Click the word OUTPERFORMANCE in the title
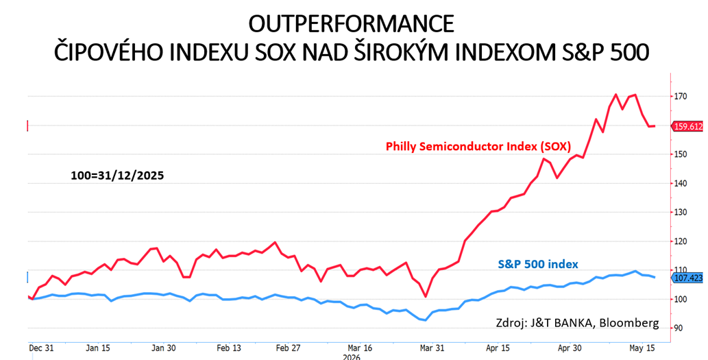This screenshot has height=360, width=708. pyautogui.click(x=351, y=24)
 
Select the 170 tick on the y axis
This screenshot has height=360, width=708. pyautogui.click(x=681, y=96)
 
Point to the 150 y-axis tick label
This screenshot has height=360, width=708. pyautogui.click(x=681, y=154)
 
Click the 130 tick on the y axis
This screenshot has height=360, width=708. pyautogui.click(x=681, y=213)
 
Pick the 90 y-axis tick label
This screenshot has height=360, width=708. pyautogui.click(x=679, y=328)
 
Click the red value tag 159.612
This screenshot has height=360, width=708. pyautogui.click(x=688, y=127)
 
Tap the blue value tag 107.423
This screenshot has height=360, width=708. pyautogui.click(x=688, y=278)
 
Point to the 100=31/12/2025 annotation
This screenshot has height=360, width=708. pyautogui.click(x=117, y=176)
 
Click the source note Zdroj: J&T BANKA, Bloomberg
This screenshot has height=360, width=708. pyautogui.click(x=578, y=323)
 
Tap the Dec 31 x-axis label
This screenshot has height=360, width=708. pyautogui.click(x=42, y=348)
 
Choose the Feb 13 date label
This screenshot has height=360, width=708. pyautogui.click(x=230, y=348)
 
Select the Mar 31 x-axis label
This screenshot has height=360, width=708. pyautogui.click(x=432, y=348)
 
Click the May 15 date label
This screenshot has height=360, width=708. pyautogui.click(x=643, y=348)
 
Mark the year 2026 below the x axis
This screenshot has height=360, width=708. pyautogui.click(x=351, y=357)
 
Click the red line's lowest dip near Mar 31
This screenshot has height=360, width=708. pyautogui.click(x=425, y=296)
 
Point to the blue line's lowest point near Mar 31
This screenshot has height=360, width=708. pyautogui.click(x=425, y=320)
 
